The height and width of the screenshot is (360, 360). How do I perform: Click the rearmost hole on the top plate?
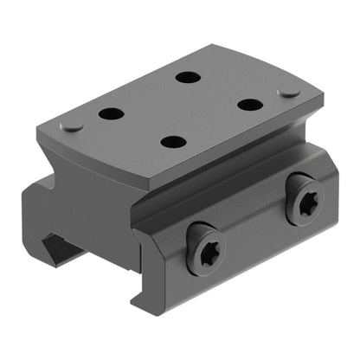pyautogui.click(x=187, y=78)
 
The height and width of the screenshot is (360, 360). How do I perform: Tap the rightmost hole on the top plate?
pyautogui.click(x=249, y=105)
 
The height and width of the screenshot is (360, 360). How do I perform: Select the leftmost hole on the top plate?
pyautogui.click(x=110, y=113)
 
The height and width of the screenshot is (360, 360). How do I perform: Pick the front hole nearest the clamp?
pyautogui.click(x=173, y=142)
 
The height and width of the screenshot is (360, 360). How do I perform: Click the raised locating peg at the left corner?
pyautogui.click(x=73, y=125)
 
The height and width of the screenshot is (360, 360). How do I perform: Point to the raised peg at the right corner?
pyautogui.click(x=287, y=90)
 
